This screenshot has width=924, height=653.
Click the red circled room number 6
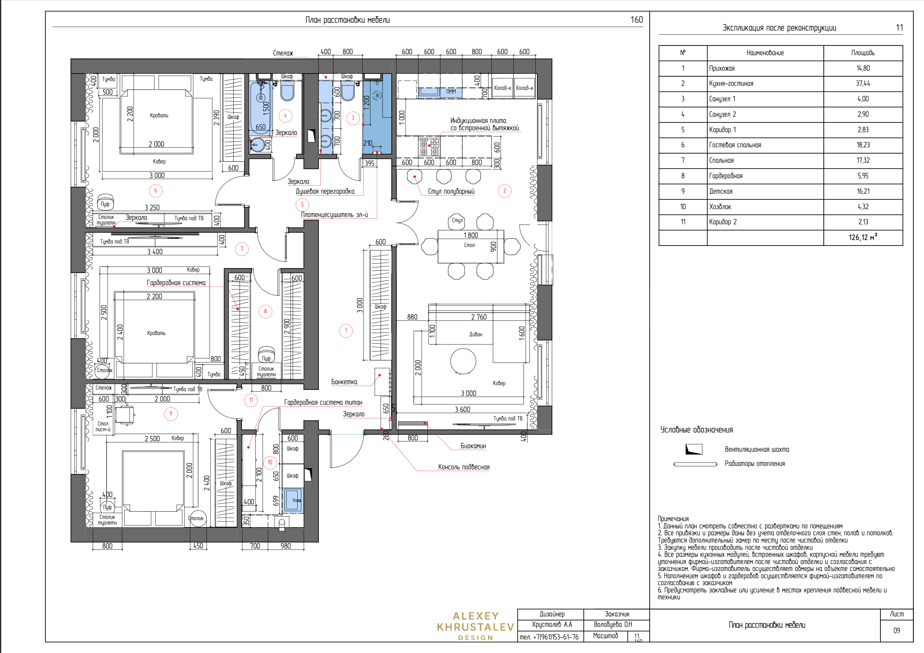(x=156, y=191)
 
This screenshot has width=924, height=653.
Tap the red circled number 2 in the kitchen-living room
(x=505, y=191)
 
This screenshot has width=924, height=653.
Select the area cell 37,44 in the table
(x=863, y=83)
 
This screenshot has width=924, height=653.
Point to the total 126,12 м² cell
(x=863, y=237)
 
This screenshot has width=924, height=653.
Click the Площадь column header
(x=863, y=53)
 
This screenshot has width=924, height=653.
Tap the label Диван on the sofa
(x=476, y=334)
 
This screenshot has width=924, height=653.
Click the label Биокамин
(x=473, y=446)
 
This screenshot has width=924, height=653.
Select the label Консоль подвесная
(x=464, y=467)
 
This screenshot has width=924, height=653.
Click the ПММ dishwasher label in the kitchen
(x=451, y=92)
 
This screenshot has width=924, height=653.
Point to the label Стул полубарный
(x=451, y=191)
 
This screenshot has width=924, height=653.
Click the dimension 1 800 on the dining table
(x=471, y=235)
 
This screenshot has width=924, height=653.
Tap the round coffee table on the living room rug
(x=463, y=361)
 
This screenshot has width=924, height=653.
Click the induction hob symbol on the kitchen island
(x=429, y=147)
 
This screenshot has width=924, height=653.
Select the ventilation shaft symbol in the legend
(x=694, y=449)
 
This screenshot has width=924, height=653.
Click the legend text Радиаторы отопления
(x=755, y=464)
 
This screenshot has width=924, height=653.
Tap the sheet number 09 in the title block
(x=897, y=631)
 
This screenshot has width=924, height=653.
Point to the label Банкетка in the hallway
(x=344, y=382)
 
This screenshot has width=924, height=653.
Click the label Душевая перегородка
(x=325, y=191)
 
